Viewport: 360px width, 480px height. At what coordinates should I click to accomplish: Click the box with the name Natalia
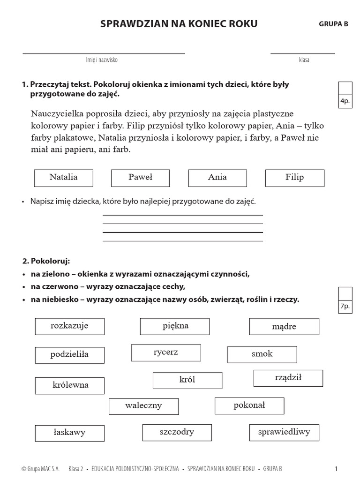[x=63, y=178]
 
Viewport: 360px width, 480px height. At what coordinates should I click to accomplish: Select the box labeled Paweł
[x=140, y=178]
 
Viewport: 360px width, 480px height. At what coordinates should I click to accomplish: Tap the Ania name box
[x=217, y=178]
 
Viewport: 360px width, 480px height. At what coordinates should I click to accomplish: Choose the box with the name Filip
[x=294, y=178]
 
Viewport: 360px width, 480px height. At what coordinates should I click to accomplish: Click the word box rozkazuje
[x=69, y=326]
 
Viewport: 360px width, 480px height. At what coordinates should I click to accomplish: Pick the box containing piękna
[x=174, y=326]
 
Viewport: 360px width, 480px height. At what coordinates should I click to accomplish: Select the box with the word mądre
[x=284, y=327]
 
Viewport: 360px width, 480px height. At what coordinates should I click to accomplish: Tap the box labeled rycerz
[x=166, y=353]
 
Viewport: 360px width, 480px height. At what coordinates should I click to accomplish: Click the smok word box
[x=262, y=354]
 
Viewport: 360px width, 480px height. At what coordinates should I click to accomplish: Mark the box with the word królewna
[x=69, y=386]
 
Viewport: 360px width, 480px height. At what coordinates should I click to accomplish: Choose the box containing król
[x=187, y=380]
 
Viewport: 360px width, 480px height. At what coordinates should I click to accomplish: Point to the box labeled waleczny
[x=143, y=406]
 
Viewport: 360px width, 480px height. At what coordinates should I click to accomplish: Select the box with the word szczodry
[x=177, y=433]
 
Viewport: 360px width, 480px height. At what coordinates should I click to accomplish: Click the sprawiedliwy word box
[x=284, y=433]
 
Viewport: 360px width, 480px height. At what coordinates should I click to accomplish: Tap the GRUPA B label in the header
[x=333, y=24]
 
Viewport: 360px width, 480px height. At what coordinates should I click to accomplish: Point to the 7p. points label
[x=345, y=307]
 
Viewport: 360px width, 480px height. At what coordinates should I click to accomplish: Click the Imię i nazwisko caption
[x=102, y=60]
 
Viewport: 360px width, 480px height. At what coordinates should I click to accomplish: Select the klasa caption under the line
[x=304, y=60]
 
